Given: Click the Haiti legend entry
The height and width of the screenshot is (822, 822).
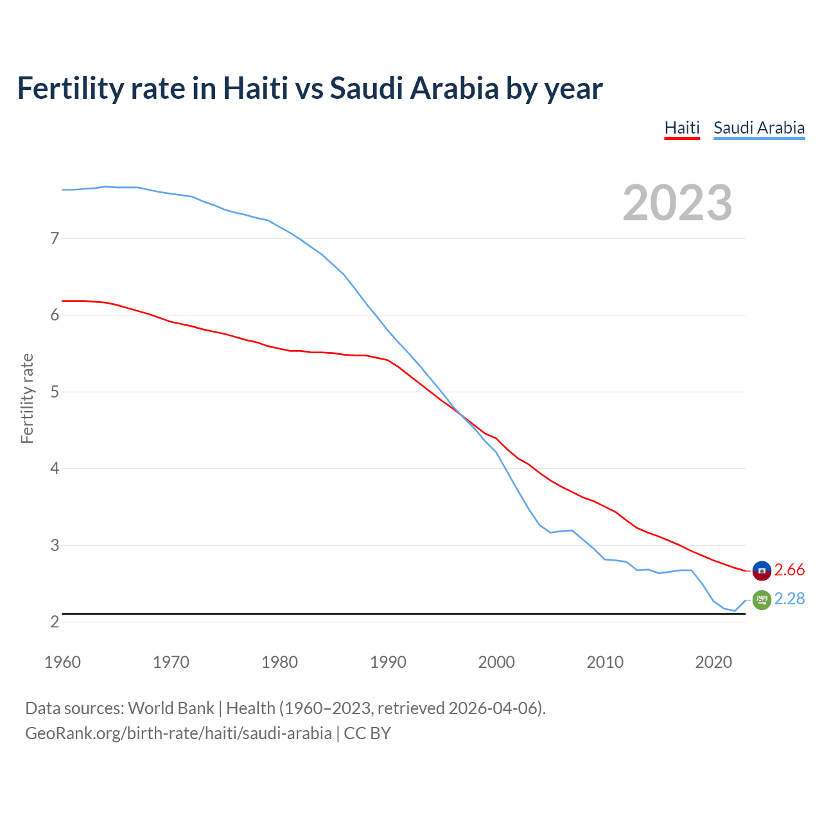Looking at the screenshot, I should point(681,128).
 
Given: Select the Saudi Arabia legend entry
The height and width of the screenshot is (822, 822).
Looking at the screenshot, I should point(759,128).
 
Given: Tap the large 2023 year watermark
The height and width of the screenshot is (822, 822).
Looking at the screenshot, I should point(677,203).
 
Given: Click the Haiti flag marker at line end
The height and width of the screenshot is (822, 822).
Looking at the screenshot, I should point(762,570).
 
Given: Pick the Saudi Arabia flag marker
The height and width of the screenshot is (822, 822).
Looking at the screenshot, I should point(762,600).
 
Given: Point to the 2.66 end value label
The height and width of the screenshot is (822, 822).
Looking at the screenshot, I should point(789,570).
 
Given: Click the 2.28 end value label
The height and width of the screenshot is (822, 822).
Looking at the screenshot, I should point(789,599).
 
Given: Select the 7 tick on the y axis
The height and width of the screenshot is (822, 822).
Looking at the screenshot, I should point(55,238).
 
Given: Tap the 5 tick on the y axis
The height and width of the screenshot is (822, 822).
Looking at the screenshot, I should point(55,392).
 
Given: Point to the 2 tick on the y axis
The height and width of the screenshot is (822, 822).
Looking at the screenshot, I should point(55,622).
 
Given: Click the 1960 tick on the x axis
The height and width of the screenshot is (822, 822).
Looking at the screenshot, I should point(62,662).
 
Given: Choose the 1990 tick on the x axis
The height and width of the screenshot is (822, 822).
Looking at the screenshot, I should point(388,662).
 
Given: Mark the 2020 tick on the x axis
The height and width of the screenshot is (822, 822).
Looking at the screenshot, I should point(713,662).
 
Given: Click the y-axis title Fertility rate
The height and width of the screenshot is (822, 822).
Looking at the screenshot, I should point(27,398).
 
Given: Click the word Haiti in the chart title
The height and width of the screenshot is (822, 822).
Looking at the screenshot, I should point(255,88).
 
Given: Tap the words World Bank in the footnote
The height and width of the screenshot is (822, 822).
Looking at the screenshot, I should point(171,708).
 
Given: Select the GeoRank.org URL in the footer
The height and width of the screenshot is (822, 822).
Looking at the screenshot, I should point(179,733).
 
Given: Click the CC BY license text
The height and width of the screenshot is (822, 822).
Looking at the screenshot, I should point(367,733).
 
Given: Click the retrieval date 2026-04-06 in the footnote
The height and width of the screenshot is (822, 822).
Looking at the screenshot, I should point(496,708).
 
